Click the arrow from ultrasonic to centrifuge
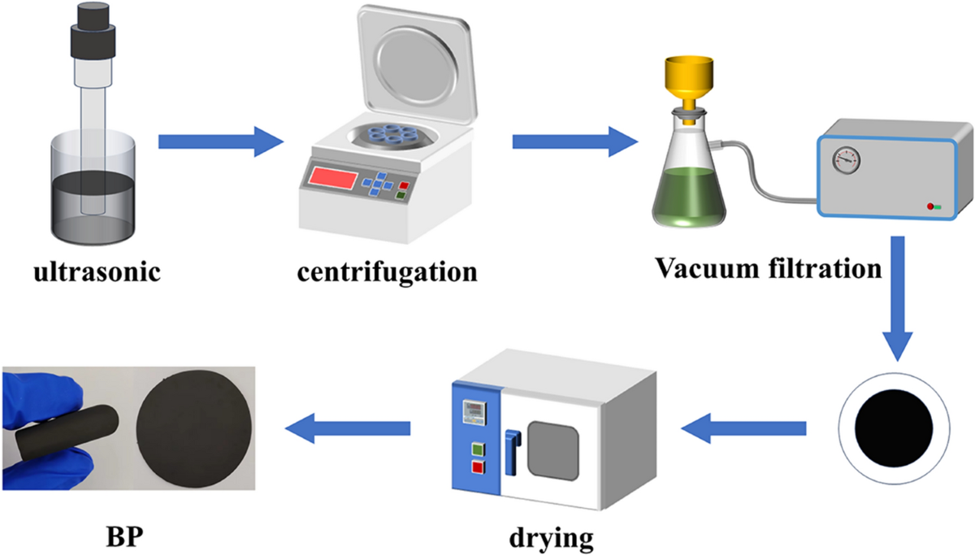click(217, 142)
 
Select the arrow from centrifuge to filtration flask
click(574, 142)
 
